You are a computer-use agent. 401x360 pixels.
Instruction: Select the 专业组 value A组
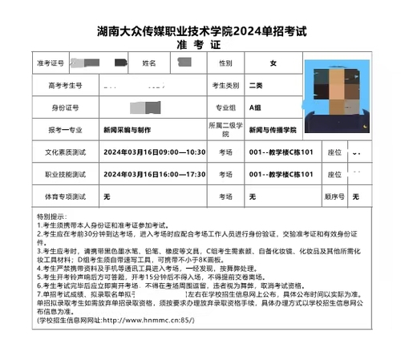(256, 107)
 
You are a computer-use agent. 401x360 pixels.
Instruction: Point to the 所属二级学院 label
(225, 129)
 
